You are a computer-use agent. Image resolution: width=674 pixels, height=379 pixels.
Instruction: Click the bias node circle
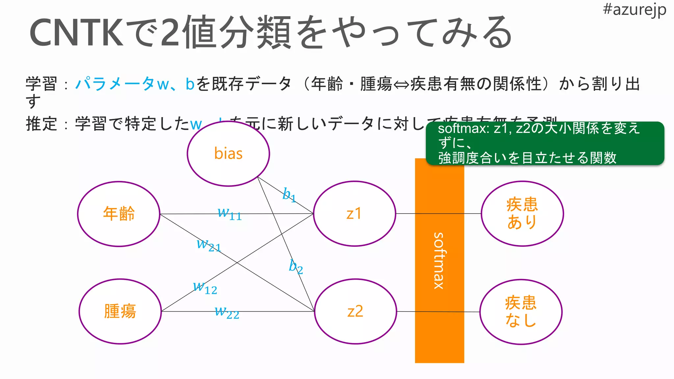coord(228,154)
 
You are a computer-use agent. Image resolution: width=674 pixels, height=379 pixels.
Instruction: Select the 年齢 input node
coord(119,214)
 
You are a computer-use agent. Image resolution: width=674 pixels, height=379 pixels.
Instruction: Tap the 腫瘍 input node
coord(120,311)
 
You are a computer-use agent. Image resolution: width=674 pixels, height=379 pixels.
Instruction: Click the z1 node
coord(354,214)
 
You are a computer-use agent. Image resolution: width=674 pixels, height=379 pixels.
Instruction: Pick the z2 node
coord(355,311)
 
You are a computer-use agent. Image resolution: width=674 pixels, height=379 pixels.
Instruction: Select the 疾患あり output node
coord(522,214)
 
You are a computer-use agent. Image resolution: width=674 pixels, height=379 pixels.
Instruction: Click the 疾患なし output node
coord(521,312)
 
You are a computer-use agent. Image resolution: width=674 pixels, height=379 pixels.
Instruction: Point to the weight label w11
coord(229,214)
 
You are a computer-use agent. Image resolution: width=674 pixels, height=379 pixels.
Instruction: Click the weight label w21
coord(208,245)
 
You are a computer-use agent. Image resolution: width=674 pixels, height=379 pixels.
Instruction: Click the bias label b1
coord(289,195)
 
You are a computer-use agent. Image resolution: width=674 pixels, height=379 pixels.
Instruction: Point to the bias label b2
coord(296,266)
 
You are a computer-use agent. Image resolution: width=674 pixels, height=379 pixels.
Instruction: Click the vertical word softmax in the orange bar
coord(439,261)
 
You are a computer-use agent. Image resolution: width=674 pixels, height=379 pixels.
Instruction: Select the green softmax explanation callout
coord(545,143)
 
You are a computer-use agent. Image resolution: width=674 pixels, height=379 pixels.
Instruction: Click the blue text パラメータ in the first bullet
coord(115,84)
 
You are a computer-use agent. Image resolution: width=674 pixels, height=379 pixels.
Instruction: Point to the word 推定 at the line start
coord(41,124)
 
